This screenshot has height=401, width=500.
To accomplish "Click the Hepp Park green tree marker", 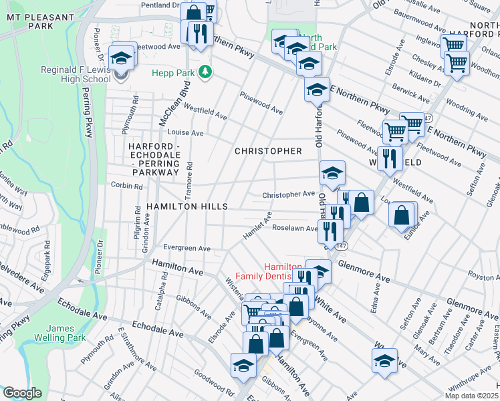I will [207, 71].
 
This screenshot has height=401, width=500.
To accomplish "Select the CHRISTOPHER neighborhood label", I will [268, 151].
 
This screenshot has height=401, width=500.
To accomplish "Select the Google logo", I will [22, 393].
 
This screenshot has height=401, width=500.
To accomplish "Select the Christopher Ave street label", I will [288, 194].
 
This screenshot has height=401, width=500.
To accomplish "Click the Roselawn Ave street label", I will [294, 228].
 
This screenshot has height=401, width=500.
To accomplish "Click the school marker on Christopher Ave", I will [332, 173].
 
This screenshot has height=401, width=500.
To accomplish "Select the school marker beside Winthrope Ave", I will [385, 361].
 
